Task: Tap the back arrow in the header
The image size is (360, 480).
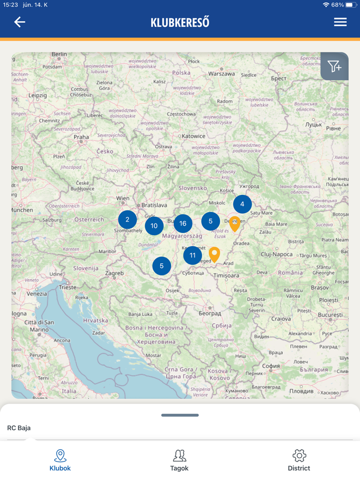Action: [20, 22]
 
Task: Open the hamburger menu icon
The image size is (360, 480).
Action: [340, 22]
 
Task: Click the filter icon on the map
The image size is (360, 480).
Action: [334, 66]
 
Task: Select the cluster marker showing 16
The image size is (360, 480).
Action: [183, 224]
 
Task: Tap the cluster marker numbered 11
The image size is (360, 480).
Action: [192, 255]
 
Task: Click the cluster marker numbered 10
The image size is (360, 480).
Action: [154, 226]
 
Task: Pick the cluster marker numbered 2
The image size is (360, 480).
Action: [127, 219]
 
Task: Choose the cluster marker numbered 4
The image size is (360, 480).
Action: [242, 204]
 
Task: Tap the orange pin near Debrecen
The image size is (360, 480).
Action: [235, 224]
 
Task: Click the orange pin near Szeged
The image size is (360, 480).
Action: [214, 254]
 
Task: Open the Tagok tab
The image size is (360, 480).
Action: [179, 460]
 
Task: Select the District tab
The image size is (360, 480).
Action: [299, 460]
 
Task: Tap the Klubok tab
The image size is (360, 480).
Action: [60, 460]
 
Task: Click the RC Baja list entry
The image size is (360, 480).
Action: [19, 428]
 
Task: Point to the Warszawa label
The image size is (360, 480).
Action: [221, 73]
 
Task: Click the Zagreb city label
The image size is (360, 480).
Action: [115, 273]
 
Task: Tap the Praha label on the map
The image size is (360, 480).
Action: [81, 137]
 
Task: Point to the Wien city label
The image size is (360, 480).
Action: [123, 198]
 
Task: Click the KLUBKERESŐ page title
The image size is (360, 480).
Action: [180, 23]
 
